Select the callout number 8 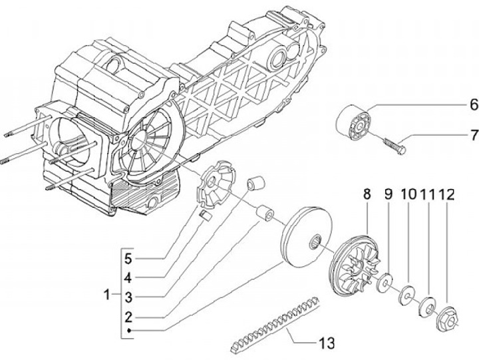tap(367, 194)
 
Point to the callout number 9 tap(388, 194)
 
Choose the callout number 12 tap(446, 194)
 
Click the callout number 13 tap(327, 343)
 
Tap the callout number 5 tap(128, 259)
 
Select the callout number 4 tap(128, 277)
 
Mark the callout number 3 tap(128, 297)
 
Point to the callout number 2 tap(128, 317)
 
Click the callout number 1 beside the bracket tap(106, 295)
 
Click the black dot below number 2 tap(129, 330)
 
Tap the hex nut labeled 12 tap(447, 319)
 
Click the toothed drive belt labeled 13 tap(274, 323)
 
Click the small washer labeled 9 tap(385, 282)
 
